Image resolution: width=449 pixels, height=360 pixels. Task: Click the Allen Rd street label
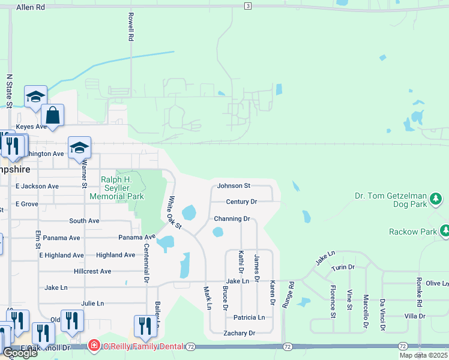coord(31,7)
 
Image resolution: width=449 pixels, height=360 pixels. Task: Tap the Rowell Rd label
coord(130,28)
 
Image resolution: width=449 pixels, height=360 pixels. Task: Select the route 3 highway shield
coord(247,5)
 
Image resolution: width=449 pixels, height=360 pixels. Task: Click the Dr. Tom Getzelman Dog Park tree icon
coord(437,198)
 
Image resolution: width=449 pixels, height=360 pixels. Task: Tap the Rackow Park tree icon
coord(445,231)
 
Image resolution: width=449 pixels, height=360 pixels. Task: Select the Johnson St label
coord(234,186)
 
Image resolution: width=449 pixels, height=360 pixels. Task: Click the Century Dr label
coord(241,202)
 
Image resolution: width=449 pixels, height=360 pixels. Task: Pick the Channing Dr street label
coord(232,219)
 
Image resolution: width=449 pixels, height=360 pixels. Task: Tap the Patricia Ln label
coord(249,317)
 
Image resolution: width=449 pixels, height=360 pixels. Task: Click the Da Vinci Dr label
coord(381,312)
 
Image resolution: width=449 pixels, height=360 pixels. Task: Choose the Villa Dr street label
coord(415,316)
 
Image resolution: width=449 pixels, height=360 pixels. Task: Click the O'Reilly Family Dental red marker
coord(93,346)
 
